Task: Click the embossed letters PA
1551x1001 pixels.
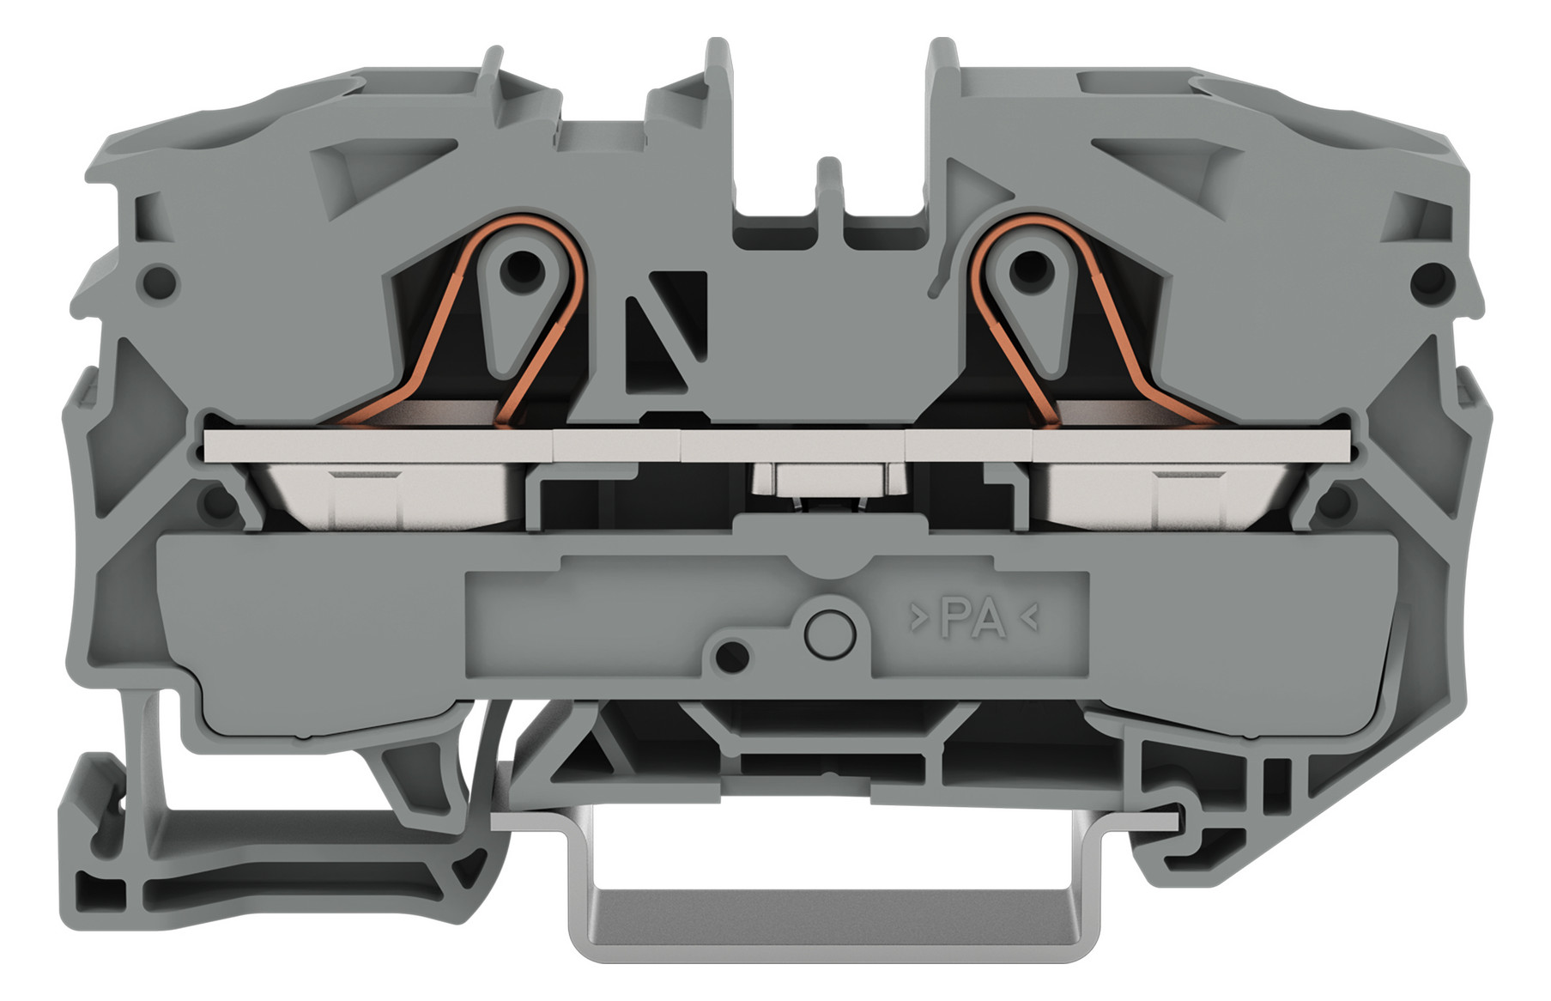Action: click(973, 619)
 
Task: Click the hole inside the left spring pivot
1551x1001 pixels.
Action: click(523, 270)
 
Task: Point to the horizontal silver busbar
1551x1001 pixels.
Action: click(779, 446)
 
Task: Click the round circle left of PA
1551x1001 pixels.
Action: click(830, 634)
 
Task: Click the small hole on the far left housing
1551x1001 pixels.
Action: click(161, 281)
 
